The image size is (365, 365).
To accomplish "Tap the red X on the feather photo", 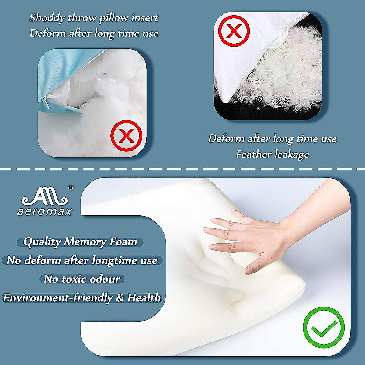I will tap(234, 31).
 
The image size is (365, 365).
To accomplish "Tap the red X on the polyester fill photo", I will tap(126, 136).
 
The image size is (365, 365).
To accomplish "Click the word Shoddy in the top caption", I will tap(47, 18).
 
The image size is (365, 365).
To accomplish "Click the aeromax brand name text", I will tap(44, 211).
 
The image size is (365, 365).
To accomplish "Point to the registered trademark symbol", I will tap(71, 188).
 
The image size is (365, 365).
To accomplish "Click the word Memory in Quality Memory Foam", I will tap(85, 242).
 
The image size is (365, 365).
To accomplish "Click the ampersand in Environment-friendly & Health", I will tap(120, 298).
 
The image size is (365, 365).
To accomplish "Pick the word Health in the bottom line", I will tap(144, 298).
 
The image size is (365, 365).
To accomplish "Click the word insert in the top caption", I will tap(145, 18).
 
